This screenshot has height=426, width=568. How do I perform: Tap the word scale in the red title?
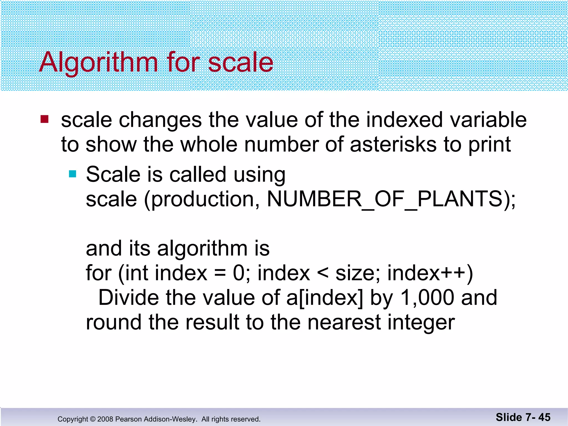(x=240, y=62)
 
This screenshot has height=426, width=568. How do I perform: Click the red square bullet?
(x=44, y=119)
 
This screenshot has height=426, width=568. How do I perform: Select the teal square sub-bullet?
(x=72, y=174)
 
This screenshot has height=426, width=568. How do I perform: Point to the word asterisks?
(x=393, y=144)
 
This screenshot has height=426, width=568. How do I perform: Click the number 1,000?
(x=427, y=298)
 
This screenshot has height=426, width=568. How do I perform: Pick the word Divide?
(x=128, y=298)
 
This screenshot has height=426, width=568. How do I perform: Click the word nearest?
(x=344, y=323)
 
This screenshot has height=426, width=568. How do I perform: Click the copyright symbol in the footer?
(x=93, y=419)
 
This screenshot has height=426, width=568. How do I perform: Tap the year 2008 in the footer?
(x=105, y=419)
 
